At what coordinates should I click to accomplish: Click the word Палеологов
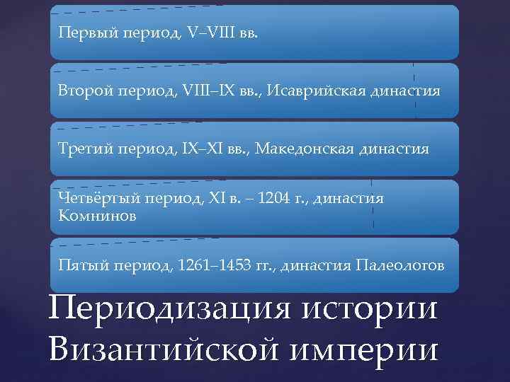(x=400, y=267)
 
